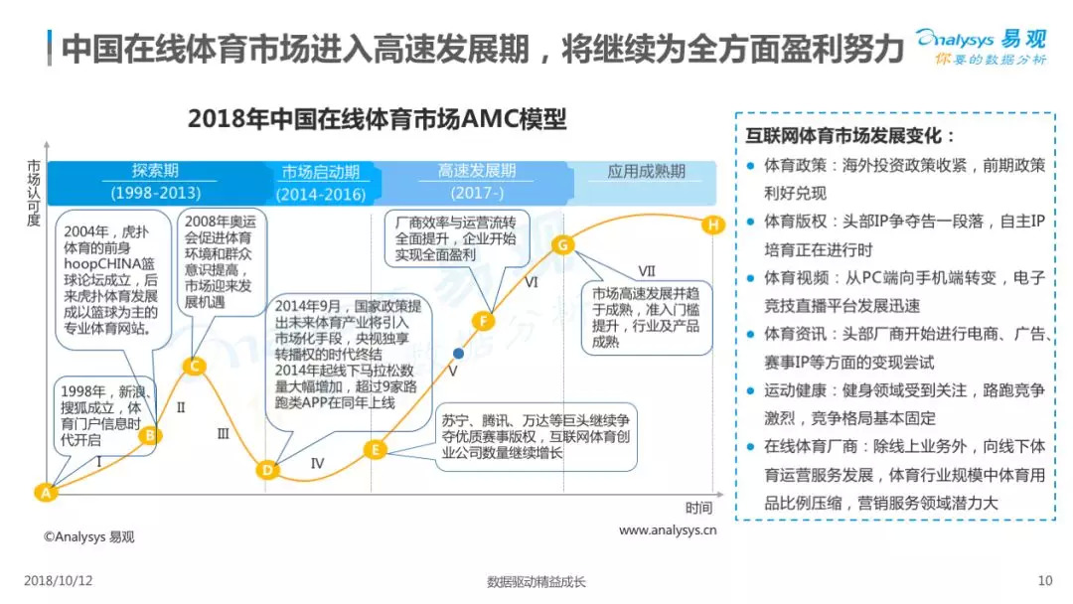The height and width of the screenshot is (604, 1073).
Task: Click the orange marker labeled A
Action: [44, 491]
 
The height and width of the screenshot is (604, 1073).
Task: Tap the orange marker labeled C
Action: [196, 367]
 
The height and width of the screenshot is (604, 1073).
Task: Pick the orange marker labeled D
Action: [266, 470]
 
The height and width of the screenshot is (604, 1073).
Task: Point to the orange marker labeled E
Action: [375, 449]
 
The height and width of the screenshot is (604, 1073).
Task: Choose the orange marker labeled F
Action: [484, 320]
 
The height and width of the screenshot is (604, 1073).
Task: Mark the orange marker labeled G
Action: [561, 244]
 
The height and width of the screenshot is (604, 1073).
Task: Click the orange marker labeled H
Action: [712, 226]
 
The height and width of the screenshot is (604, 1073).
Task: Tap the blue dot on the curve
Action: [458, 353]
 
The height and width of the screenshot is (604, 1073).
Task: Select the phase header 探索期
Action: [156, 171]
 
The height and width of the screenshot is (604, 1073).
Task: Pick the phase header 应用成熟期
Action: [647, 171]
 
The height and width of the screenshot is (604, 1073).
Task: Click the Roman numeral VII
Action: [647, 270]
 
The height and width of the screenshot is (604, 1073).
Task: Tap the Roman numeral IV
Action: [317, 463]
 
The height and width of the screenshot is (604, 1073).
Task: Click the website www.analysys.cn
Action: [668, 531]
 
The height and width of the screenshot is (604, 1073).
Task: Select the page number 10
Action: [1044, 581]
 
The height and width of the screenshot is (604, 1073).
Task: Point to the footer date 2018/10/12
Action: [58, 581]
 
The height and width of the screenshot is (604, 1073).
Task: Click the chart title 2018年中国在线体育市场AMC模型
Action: [378, 120]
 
